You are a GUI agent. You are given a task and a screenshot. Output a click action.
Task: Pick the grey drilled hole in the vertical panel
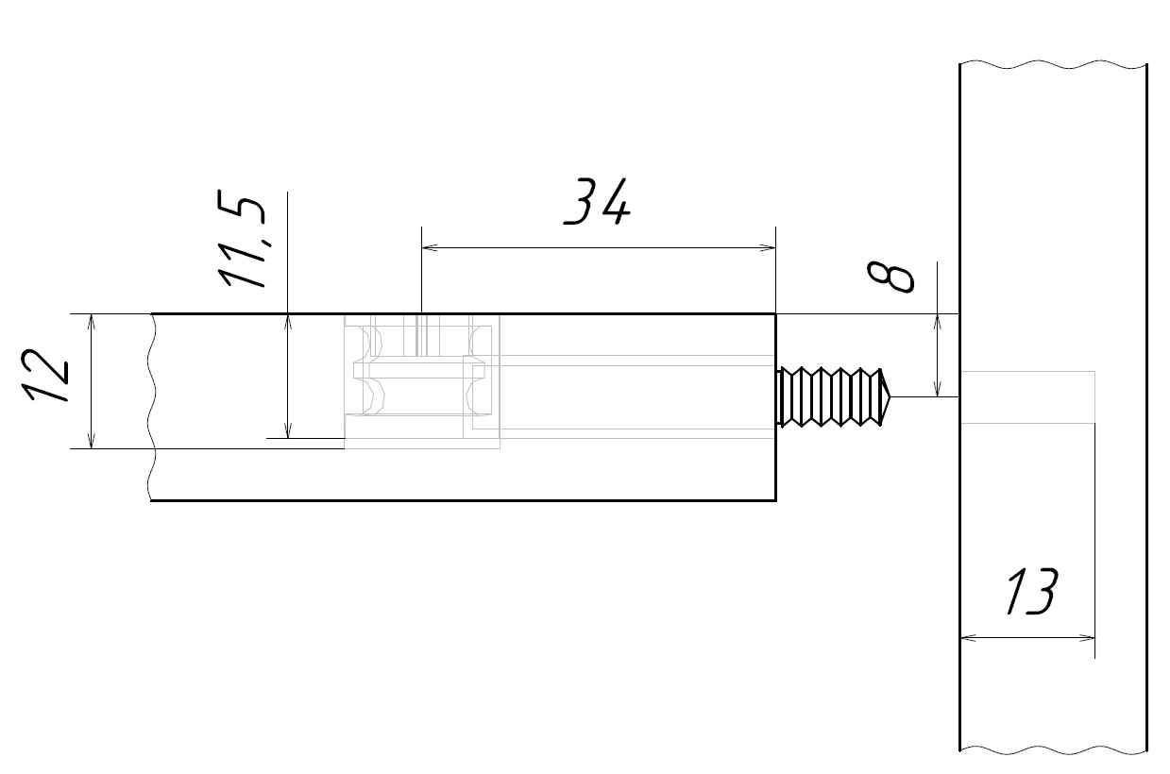(1027, 397)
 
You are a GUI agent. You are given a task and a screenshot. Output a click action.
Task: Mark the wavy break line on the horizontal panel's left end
(151, 406)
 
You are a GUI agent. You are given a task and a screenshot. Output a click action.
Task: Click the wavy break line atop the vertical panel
(1053, 65)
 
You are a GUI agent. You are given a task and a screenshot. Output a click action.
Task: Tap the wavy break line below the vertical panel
(1053, 751)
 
